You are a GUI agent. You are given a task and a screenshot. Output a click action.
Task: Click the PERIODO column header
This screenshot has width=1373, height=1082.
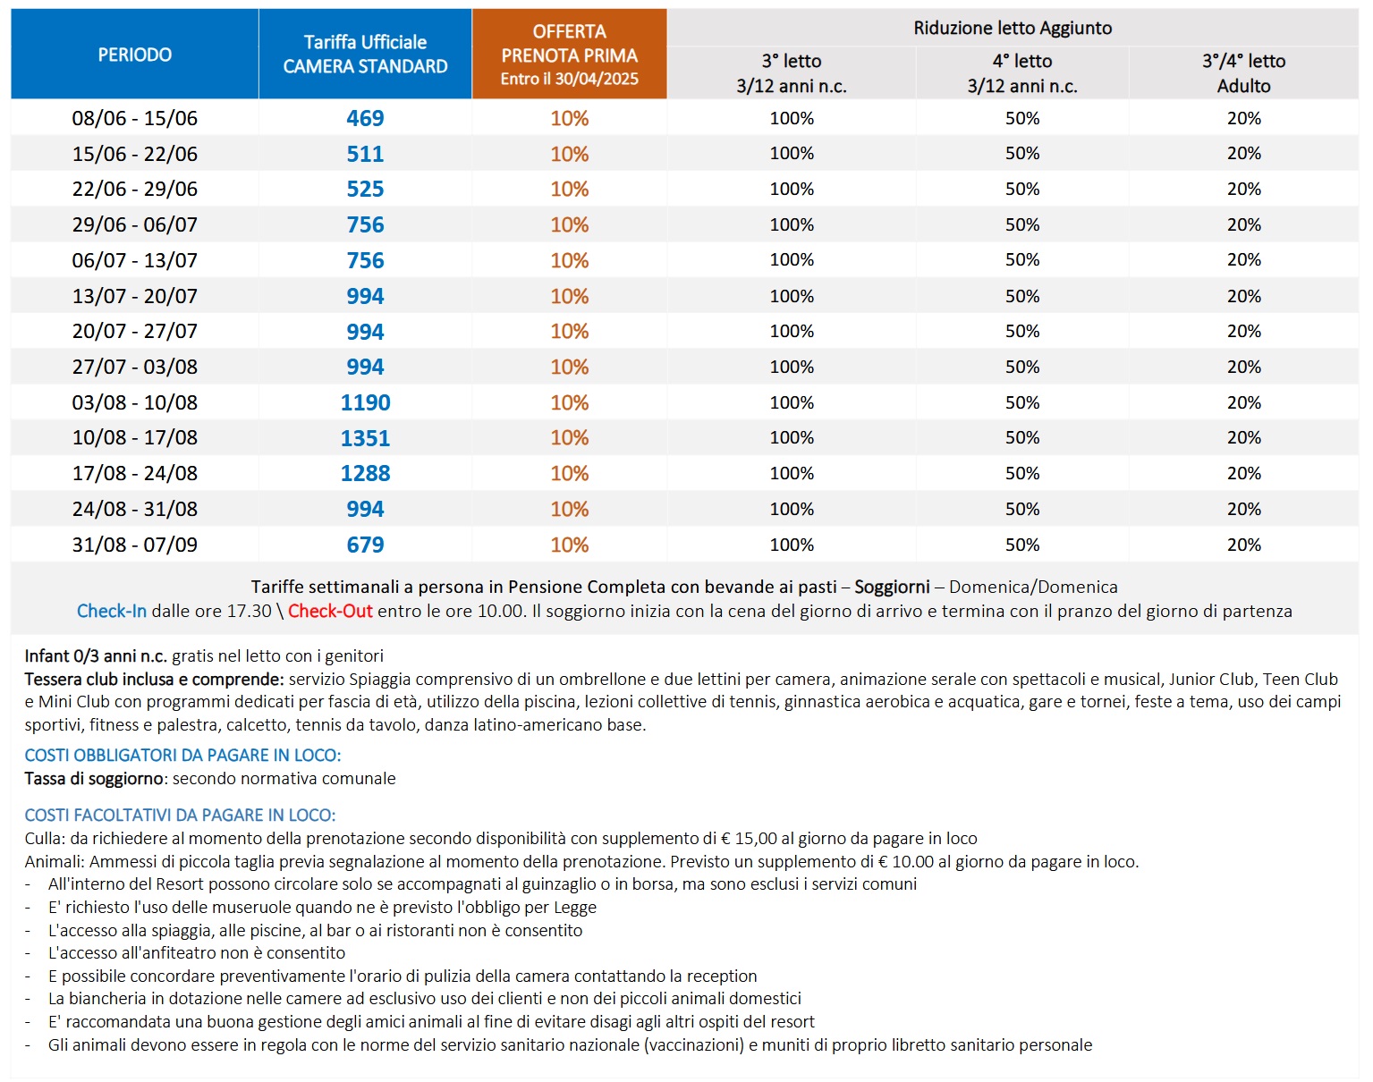[x=135, y=55]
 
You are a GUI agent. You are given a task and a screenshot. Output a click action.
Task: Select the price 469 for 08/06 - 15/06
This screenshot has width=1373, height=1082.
[x=365, y=118]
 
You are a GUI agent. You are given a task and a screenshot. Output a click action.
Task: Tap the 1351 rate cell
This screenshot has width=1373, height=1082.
[x=365, y=437]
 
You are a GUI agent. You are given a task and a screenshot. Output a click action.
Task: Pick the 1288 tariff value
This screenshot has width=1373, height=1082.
[x=365, y=473]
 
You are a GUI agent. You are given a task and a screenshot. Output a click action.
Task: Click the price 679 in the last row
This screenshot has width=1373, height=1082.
[x=365, y=545]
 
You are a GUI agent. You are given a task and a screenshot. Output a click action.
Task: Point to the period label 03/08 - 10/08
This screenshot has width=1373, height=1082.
[x=135, y=402]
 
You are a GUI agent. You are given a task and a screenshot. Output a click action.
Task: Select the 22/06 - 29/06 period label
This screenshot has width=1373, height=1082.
[x=135, y=189]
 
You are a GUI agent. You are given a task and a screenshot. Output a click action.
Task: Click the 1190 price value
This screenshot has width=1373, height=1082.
[x=365, y=402]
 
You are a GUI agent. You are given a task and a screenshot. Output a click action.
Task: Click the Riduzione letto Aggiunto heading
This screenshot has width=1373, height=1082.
[x=1013, y=28]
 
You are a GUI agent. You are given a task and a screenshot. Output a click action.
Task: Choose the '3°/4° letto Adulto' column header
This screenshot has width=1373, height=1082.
[x=1243, y=73]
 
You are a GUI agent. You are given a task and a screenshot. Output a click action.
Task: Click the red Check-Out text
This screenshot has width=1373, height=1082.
[x=330, y=611]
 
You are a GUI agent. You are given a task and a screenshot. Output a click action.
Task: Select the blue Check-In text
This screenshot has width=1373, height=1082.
[x=112, y=611]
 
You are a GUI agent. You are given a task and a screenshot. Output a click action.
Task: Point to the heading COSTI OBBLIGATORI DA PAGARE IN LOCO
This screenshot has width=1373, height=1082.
[x=182, y=756]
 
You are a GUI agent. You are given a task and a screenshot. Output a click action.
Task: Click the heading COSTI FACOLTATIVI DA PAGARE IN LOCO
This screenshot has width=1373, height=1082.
[x=180, y=816]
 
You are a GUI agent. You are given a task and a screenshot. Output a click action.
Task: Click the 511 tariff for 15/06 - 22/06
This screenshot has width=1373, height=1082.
[x=365, y=154]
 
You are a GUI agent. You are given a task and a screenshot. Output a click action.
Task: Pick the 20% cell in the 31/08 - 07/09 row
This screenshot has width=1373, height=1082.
[x=1243, y=545]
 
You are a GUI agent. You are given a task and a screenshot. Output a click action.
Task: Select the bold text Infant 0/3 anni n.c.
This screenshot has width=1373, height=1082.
[x=96, y=655]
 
